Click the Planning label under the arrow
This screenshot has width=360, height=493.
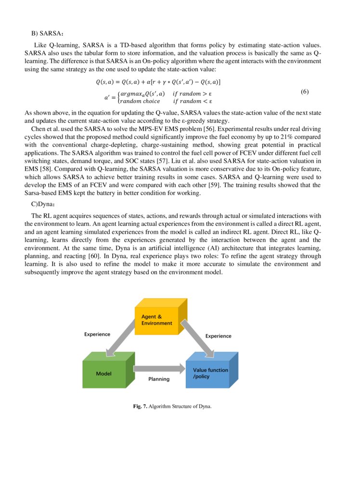tap(159, 379)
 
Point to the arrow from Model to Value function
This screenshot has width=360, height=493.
tap(159, 369)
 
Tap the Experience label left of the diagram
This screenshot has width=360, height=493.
tap(97, 334)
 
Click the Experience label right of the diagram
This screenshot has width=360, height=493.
tap(219, 336)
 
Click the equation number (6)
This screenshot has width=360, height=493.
tap(304, 92)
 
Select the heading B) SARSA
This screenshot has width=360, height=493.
tap(48, 33)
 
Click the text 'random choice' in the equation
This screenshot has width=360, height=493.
tap(140, 101)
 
